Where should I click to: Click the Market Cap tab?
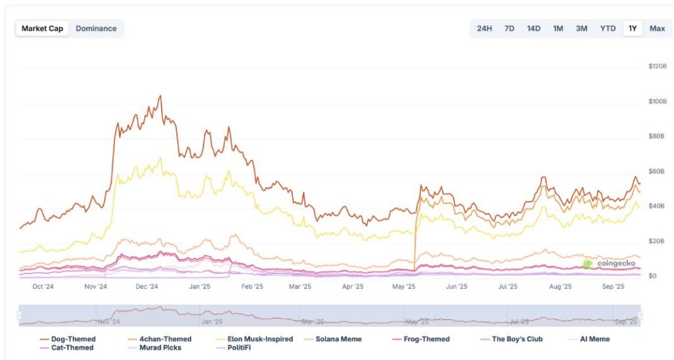[42, 28]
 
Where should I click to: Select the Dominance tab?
[96, 28]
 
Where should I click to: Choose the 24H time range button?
[484, 28]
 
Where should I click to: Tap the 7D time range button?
[509, 28]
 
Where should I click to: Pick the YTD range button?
[608, 28]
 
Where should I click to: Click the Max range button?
[657, 28]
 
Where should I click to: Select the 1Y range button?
[633, 28]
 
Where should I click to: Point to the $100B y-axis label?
[658, 101]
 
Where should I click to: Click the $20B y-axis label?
[656, 241]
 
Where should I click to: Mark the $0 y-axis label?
[652, 276]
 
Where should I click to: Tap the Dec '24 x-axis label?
[147, 287]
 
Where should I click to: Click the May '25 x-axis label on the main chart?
[403, 287]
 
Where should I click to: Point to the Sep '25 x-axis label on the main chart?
[613, 287]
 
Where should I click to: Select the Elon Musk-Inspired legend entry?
[254, 339]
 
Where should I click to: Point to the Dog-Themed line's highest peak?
[160, 95]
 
